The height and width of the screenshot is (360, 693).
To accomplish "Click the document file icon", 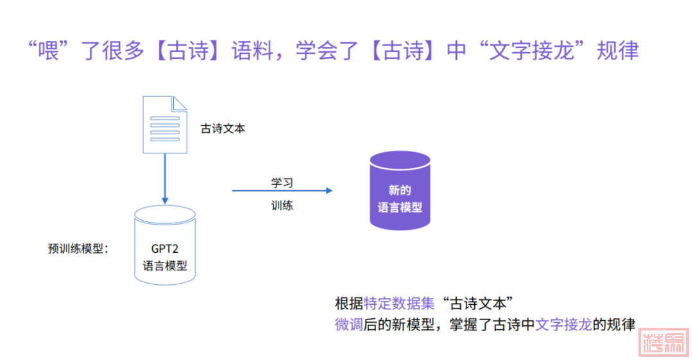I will pos(164,124).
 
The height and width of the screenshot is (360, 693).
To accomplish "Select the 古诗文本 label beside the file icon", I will pos(223,128).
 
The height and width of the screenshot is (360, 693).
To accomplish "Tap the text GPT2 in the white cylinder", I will pos(165,249).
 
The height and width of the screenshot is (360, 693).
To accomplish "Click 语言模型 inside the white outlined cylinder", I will pos(165,265).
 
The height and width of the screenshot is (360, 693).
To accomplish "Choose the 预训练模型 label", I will pos(78,249).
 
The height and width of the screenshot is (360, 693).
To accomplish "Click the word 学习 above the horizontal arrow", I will pos(282,182).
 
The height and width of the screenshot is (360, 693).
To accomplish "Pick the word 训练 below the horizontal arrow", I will pos(282,206).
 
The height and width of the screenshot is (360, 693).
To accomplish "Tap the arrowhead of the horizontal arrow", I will pos(329,191).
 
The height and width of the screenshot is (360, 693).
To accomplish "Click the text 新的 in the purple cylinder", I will pos(400,191).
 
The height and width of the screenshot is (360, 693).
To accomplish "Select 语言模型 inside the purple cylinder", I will pos(400,207).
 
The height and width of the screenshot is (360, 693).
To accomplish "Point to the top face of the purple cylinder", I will pos(400,160).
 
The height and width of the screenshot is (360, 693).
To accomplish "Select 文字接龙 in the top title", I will pos(529,50).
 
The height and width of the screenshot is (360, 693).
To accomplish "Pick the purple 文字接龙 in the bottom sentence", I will pos(563,324).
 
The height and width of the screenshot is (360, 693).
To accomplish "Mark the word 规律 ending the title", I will pos(617,50).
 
